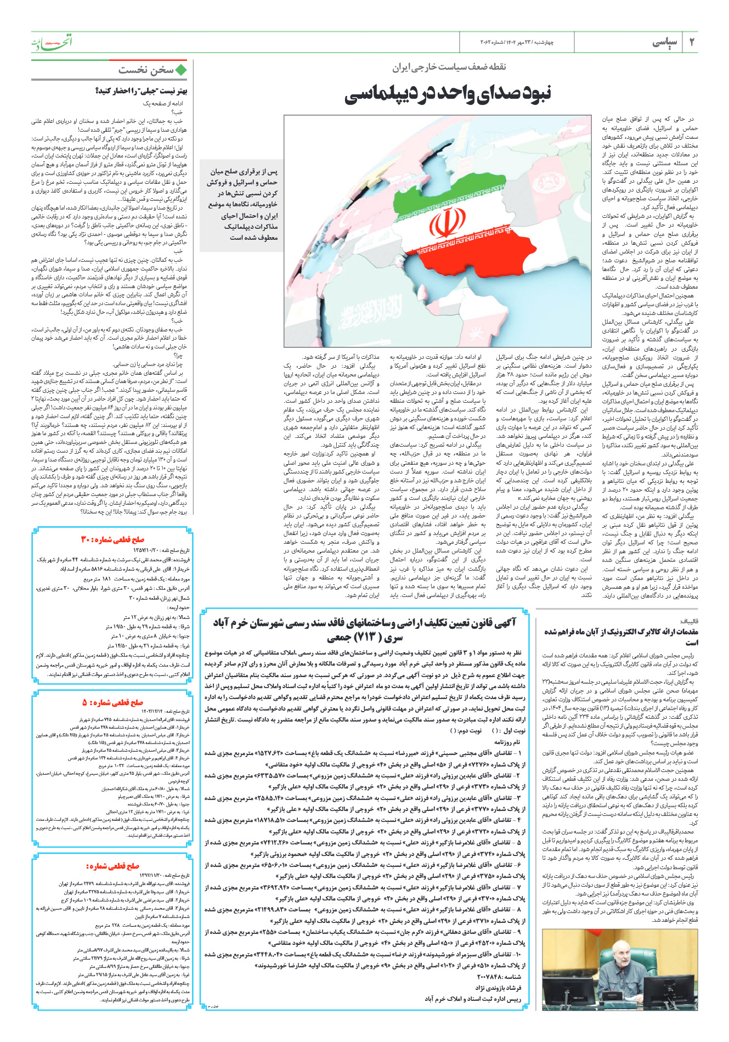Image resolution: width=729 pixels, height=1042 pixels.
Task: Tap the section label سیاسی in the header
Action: coord(665,42)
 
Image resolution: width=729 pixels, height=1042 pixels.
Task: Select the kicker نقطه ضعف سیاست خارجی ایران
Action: coord(449,67)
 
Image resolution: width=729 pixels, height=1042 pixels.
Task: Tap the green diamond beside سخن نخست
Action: coord(182,70)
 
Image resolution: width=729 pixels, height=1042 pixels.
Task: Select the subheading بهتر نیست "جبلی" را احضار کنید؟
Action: coord(142,91)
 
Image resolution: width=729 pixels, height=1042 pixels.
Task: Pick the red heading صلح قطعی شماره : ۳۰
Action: coord(112,539)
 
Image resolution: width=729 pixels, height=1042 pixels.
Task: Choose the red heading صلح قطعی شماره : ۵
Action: coord(112,702)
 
